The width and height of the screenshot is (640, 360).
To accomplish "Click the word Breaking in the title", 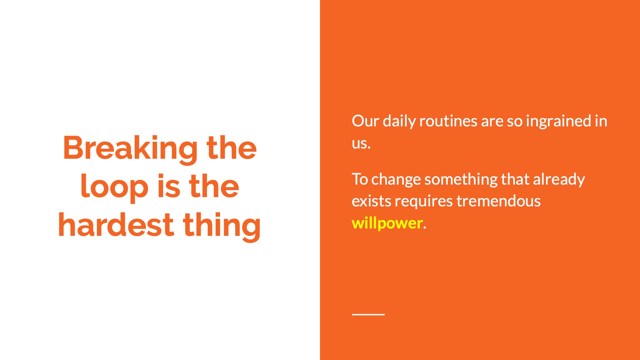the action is pyautogui.click(x=130, y=148).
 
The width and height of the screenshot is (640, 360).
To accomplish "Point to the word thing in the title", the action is pyautogui.click(x=222, y=226).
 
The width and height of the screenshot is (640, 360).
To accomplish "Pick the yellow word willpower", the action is pyautogui.click(x=387, y=223).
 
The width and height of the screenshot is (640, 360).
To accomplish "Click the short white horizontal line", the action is pyautogui.click(x=368, y=315).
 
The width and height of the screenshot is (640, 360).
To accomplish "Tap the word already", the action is pyautogui.click(x=559, y=180).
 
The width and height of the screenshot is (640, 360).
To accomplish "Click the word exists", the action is pyautogui.click(x=371, y=201).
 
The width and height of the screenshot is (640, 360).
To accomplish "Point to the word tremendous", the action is pyautogui.click(x=499, y=201).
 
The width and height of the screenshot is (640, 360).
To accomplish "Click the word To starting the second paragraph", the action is pyautogui.click(x=360, y=179).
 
